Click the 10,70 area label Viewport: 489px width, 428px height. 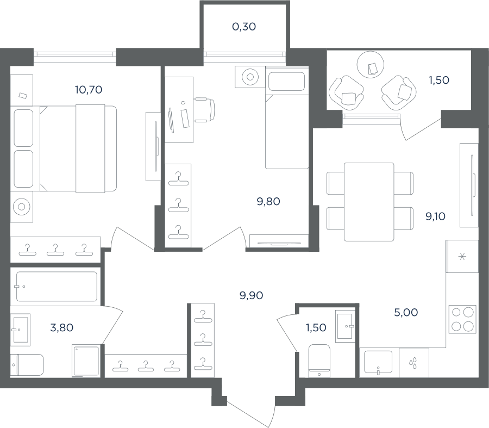click(89, 90)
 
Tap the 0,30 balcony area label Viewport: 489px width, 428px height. click(244, 27)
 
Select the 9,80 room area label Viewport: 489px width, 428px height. click(268, 202)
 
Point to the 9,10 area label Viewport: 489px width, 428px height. click(435, 216)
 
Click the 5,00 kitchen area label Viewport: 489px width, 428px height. click(406, 313)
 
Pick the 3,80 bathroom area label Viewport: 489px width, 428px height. click(62, 328)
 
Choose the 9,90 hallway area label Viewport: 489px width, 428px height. click(252, 295)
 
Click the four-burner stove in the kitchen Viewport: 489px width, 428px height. click(462, 319)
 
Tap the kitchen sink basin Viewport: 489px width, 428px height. click(378, 362)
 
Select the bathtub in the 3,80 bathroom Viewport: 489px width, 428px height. click(57, 286)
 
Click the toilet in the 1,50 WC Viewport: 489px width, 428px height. click(319, 361)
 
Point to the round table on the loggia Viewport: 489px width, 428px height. click(370, 65)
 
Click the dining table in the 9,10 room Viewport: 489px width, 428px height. click(369, 202)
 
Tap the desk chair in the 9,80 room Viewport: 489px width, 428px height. click(205, 109)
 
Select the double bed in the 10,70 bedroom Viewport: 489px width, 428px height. click(78, 148)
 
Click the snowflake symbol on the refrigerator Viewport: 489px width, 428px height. click(462, 257)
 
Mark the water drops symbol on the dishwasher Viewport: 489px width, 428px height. click(413, 363)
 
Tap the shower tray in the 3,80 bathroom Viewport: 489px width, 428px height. click(86, 361)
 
